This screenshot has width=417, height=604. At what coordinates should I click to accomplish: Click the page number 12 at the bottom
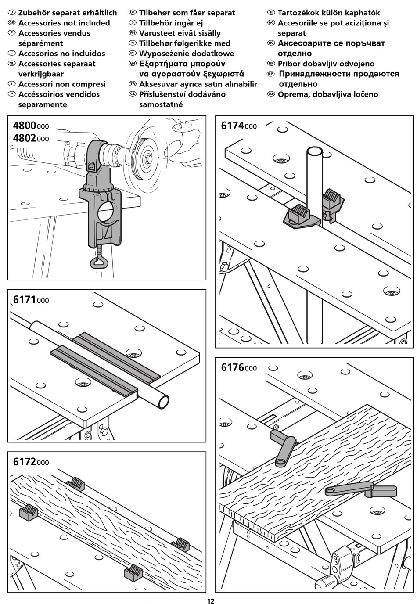point(210,601)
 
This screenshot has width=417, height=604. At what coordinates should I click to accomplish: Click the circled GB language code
point(12,23)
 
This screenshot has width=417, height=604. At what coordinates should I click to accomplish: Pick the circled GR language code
point(132,64)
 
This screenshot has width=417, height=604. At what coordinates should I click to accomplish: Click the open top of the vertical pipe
point(314,151)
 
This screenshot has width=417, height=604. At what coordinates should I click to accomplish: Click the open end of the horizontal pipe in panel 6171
point(163,401)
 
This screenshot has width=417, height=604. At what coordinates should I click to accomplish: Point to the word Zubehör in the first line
point(36,13)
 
